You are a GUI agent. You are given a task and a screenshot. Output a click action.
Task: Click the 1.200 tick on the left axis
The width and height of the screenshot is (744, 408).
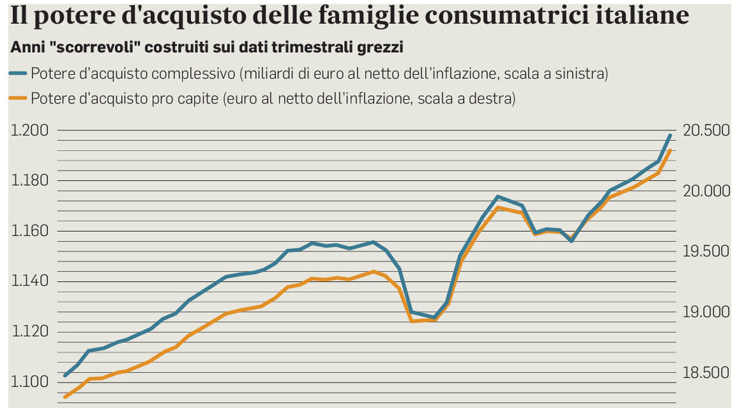tap(30, 130)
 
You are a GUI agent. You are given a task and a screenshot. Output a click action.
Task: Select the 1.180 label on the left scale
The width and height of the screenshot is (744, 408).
tap(30, 181)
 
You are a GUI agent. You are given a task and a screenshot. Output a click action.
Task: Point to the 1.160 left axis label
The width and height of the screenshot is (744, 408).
tap(30, 231)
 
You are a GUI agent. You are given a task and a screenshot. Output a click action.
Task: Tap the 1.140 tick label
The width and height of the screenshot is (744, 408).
tap(30, 282)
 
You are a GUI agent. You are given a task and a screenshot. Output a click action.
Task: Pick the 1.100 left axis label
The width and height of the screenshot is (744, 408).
tap(30, 382)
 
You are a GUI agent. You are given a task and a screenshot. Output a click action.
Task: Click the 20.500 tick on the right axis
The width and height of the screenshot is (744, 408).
tap(706, 130)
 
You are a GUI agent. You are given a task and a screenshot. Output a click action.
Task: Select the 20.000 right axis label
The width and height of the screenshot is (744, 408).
tap(706, 191)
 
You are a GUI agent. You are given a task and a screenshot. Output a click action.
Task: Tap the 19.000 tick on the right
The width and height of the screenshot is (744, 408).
tap(706, 311)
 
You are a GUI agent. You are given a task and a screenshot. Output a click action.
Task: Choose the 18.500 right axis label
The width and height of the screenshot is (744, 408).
tap(706, 372)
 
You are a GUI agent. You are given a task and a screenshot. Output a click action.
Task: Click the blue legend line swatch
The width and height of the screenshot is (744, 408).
tap(19, 73)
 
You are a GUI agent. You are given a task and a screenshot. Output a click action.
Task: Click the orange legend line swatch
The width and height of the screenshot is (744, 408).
tap(19, 98)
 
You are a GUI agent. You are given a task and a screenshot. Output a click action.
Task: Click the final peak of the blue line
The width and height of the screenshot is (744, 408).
tap(670, 136)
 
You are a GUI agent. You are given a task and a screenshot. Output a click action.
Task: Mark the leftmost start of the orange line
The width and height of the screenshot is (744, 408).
tap(65, 398)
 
